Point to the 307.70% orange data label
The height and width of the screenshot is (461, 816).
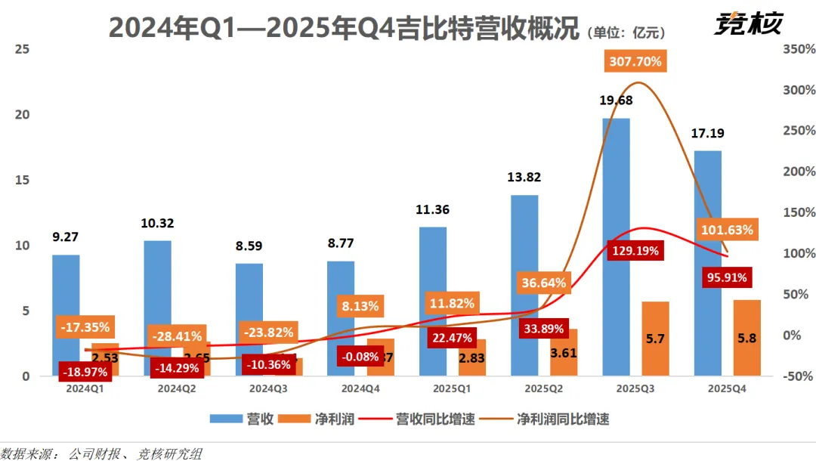pos(634,61)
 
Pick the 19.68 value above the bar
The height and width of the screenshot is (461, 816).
pos(616,101)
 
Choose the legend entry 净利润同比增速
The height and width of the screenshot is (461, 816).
pos(563,419)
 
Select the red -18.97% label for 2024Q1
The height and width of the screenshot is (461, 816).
pos(85,372)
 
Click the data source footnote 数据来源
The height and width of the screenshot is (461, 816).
pos(101,453)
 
